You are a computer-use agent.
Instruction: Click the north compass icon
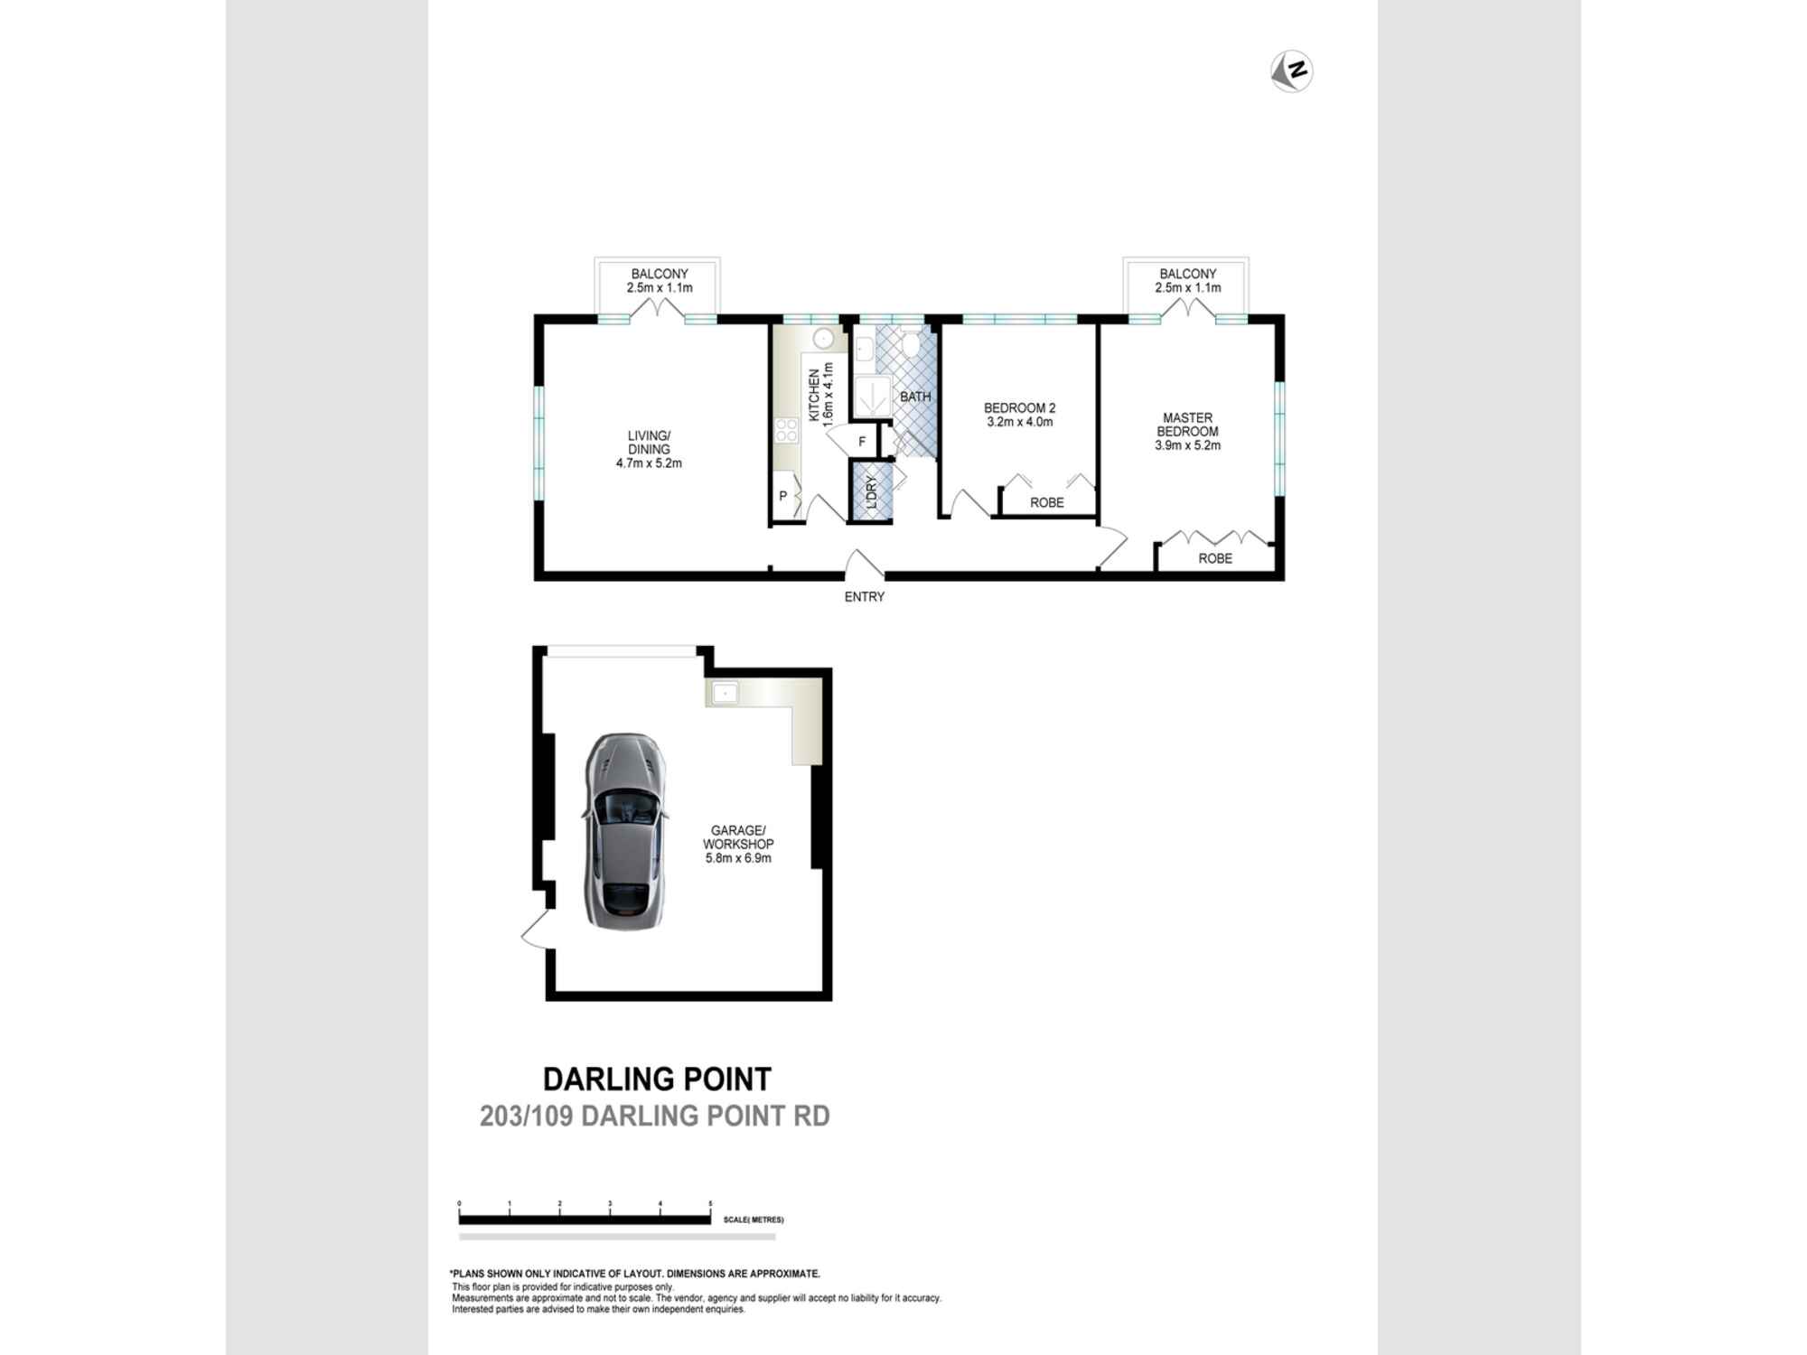[1291, 70]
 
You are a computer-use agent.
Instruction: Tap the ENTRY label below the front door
[864, 597]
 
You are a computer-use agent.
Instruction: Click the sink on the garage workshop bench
[725, 693]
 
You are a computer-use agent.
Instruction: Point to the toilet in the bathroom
[911, 343]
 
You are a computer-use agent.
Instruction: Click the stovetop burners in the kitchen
[786, 430]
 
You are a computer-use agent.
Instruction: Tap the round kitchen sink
[823, 340]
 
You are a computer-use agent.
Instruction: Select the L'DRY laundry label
[872, 492]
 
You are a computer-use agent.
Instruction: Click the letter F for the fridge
[862, 442]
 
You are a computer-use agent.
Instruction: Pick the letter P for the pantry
[783, 496]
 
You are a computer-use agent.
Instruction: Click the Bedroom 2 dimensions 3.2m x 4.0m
[1019, 422]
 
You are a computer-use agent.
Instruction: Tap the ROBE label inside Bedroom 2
[1046, 502]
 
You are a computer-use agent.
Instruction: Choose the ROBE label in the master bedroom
[1214, 558]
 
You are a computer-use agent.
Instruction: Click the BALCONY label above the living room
[660, 274]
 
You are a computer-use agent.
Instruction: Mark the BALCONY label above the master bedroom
[1187, 274]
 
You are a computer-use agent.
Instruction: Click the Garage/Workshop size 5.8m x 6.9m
[738, 858]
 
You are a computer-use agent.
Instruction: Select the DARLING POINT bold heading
[657, 1079]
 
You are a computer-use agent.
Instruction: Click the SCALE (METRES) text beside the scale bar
[754, 1219]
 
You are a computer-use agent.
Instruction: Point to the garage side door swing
[536, 930]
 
